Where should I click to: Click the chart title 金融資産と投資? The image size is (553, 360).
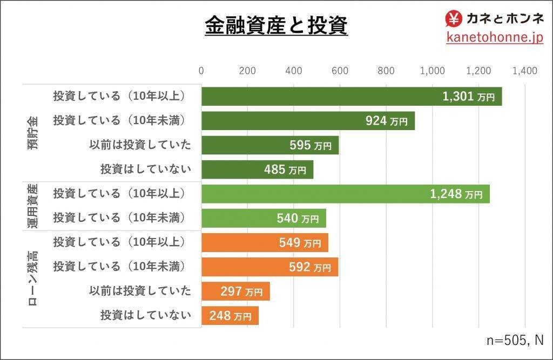point(276,25)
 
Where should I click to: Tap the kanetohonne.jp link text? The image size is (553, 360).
point(494,37)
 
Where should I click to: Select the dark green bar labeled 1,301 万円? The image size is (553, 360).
point(352,96)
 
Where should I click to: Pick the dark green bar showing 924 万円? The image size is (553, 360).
point(308,120)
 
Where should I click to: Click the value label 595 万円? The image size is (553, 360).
point(310,145)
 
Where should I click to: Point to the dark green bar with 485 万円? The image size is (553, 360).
point(257,169)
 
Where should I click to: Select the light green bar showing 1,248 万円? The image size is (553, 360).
point(346,194)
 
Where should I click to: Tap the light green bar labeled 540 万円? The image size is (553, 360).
point(264,218)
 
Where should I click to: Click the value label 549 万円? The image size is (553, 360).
point(304,243)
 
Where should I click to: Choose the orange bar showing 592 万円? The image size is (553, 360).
point(269,267)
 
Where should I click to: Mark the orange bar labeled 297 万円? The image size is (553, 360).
point(235,291)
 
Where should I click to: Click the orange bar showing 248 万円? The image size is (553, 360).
point(230,316)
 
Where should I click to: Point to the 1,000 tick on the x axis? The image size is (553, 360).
point(432,71)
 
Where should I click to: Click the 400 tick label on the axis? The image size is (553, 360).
point(294,71)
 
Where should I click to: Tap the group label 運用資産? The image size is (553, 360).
point(32,207)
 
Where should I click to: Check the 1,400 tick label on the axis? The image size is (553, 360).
point(525,71)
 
